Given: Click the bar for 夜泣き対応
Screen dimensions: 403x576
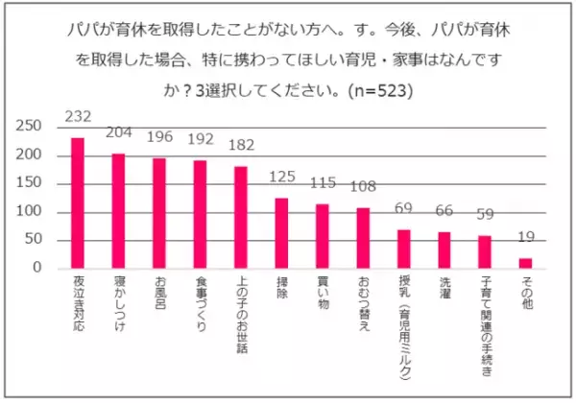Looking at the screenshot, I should tap(78, 203).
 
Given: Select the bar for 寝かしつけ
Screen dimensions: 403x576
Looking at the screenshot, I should tap(119, 211).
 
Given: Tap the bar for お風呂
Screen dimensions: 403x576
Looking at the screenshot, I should tap(159, 213).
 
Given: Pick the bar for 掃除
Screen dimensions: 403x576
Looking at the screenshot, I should tap(281, 233).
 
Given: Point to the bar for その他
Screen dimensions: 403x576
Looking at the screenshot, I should tap(525, 264).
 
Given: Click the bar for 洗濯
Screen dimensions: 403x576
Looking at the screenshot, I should tap(444, 250).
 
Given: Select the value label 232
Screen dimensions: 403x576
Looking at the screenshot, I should tap(78, 117).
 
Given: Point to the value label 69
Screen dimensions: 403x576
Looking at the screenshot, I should tap(403, 209).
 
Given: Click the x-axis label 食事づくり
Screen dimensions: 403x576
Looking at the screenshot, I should tap(200, 306).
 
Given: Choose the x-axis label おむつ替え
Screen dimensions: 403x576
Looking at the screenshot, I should tap(363, 306).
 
